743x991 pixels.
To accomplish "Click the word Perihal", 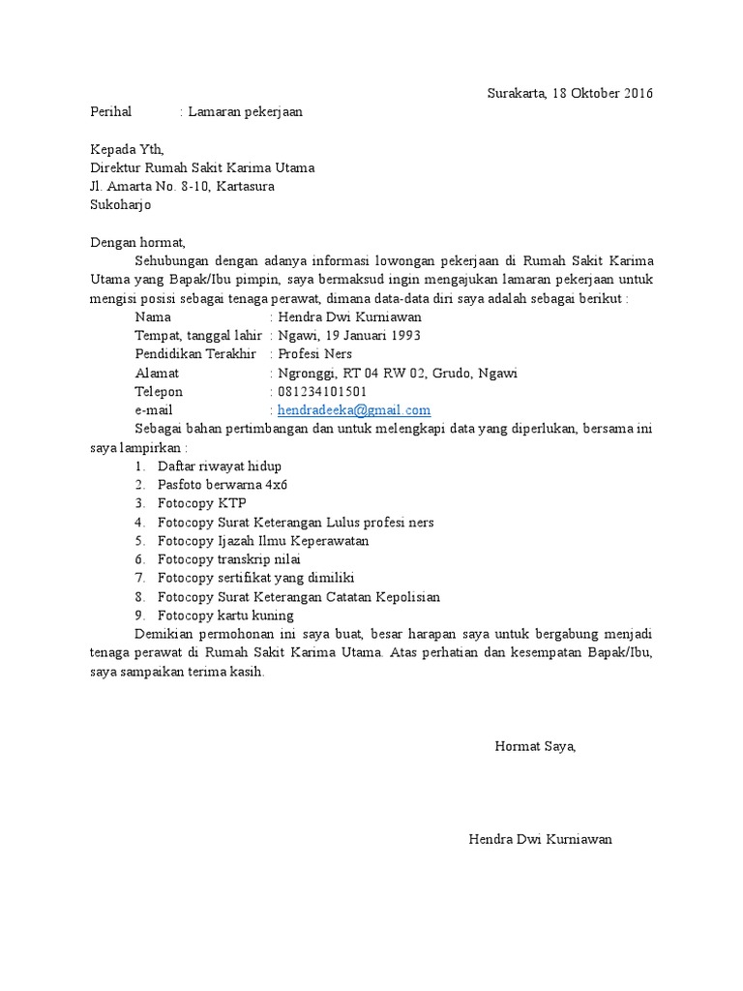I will [110, 112].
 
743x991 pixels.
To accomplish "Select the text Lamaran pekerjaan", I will [245, 112].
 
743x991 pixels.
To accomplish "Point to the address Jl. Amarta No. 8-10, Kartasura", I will [182, 186].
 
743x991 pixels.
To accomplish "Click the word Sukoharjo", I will [120, 205].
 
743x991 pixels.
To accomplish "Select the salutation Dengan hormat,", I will [135, 242].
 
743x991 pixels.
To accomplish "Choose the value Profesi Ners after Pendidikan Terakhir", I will [315, 354].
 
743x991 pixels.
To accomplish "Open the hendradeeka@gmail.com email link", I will [353, 410].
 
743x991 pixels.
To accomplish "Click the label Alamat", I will [157, 374].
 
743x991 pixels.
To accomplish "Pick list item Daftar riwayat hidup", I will [220, 466].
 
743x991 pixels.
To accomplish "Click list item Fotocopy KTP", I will [202, 503].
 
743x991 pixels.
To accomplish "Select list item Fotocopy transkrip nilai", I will [229, 559].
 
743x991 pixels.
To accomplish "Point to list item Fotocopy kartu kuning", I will [225, 616].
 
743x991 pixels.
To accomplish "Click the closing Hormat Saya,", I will [535, 746].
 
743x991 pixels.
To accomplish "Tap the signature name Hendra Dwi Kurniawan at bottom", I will [540, 839].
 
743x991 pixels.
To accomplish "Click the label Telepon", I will [159, 392].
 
